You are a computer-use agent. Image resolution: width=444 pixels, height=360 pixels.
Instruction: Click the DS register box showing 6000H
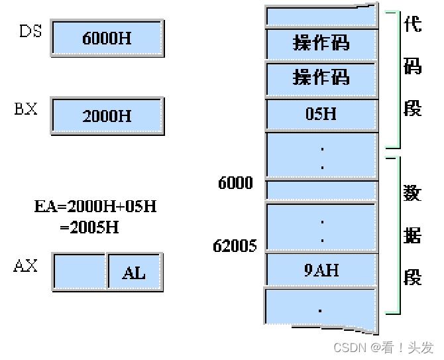coord(107,38)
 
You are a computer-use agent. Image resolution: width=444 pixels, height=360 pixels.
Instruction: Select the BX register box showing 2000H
coord(107,116)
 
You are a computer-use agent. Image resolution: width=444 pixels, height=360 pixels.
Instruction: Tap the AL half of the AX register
coord(135,272)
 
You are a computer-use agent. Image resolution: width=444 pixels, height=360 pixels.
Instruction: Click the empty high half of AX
coord(79,272)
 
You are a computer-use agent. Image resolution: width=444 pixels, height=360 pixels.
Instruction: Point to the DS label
coord(30,30)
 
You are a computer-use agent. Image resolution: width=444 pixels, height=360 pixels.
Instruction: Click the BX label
coord(26,109)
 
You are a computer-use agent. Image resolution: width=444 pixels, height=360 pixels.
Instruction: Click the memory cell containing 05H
coord(321,114)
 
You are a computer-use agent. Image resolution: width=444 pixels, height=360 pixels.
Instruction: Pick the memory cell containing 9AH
coord(321,270)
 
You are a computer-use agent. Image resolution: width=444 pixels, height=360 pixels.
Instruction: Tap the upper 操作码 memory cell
coord(321,43)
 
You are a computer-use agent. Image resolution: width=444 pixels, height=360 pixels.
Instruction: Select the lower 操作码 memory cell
coord(321,78)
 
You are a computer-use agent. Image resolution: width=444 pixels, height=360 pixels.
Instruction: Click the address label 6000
coord(235,183)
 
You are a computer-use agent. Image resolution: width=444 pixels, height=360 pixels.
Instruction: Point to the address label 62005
coord(235,246)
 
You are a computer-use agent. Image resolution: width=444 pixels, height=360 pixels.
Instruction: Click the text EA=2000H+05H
coord(95,206)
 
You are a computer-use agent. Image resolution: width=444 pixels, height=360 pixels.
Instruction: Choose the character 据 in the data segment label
coord(412,235)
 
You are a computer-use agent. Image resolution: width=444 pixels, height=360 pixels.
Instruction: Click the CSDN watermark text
coord(383,347)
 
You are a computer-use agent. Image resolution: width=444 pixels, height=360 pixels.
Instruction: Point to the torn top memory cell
coord(321,15)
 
